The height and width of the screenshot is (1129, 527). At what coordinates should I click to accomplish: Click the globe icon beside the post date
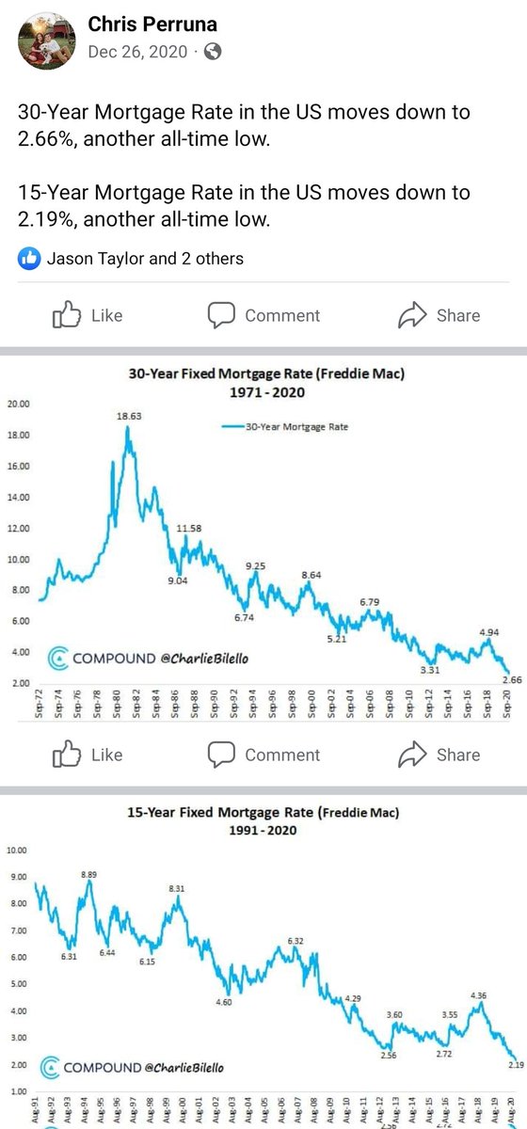[x=214, y=53]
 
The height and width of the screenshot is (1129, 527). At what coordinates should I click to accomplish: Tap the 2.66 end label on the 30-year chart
[x=512, y=679]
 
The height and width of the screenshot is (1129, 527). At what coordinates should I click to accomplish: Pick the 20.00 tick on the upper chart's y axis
[x=19, y=405]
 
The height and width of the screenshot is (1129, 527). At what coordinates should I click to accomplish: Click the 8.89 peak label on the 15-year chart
[x=89, y=874]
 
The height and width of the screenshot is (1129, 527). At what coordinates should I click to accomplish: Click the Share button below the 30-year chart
[x=439, y=755]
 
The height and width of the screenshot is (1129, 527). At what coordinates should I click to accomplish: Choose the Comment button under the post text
[x=264, y=315]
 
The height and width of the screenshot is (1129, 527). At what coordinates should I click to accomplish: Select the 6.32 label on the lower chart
[x=295, y=941]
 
